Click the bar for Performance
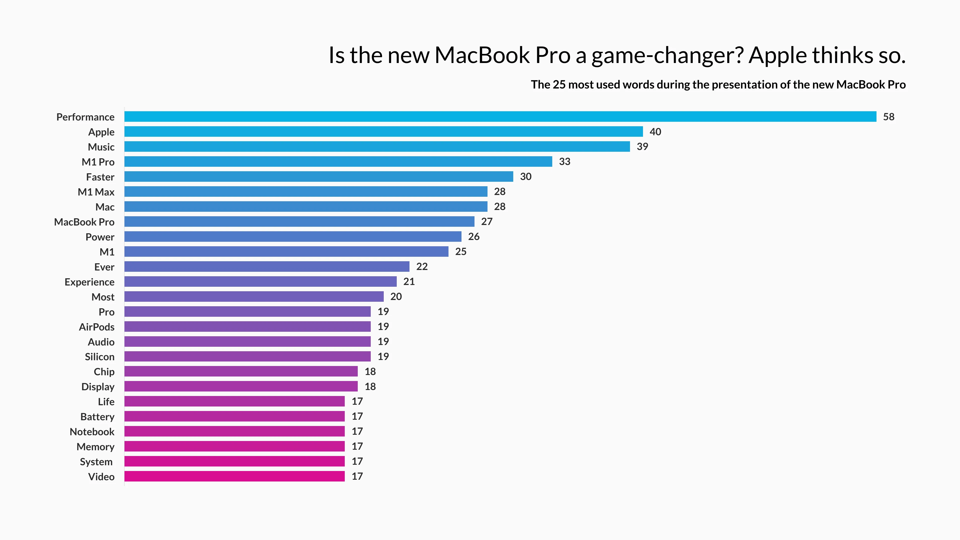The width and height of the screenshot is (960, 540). tap(500, 117)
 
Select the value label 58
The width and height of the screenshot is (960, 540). tap(888, 117)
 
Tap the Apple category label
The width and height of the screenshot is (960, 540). tap(101, 132)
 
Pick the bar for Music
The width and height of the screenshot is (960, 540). tap(377, 146)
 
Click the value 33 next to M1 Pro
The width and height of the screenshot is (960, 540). tap(564, 161)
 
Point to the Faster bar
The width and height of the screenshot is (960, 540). tap(319, 177)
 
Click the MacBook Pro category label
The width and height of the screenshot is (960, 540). tap(84, 222)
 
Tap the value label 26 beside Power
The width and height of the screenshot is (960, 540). tap(474, 237)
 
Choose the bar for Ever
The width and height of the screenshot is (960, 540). tap(267, 266)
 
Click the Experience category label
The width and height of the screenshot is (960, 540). tap(89, 282)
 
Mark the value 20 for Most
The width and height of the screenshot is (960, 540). tap(396, 297)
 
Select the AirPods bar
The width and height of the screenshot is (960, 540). tap(247, 326)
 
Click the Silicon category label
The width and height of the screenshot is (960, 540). tap(99, 357)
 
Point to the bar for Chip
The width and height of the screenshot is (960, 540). tap(241, 371)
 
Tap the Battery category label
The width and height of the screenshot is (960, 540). tap(97, 417)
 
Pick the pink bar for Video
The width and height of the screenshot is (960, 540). tap(234, 476)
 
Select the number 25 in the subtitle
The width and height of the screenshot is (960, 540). tap(559, 84)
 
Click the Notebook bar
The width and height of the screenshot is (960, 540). tap(234, 431)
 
